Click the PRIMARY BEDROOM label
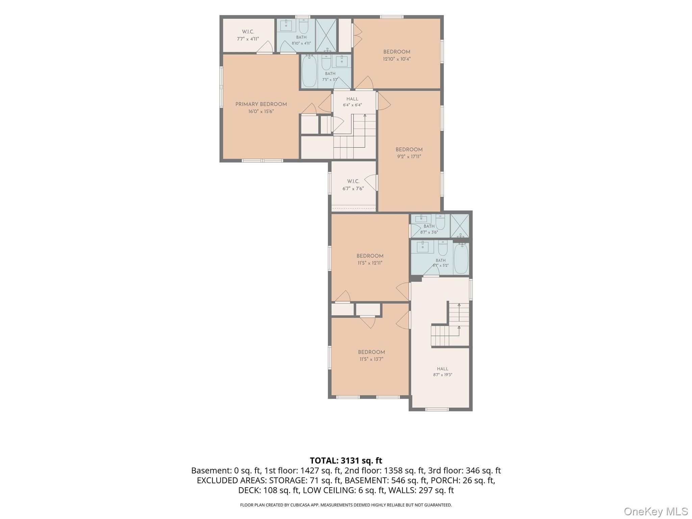261,104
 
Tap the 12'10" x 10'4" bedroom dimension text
397,59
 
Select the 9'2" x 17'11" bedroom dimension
409,156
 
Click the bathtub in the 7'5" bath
309,71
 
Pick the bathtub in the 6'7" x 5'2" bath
461,258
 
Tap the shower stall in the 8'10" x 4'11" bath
326,35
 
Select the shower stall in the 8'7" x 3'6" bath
460,226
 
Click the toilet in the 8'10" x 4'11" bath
303,26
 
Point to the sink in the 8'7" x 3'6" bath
421,219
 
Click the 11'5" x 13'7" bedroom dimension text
371,359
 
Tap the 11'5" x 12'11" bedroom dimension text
370,263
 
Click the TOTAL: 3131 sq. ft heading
346,461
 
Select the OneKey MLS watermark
656,511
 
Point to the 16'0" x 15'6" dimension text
261,111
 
